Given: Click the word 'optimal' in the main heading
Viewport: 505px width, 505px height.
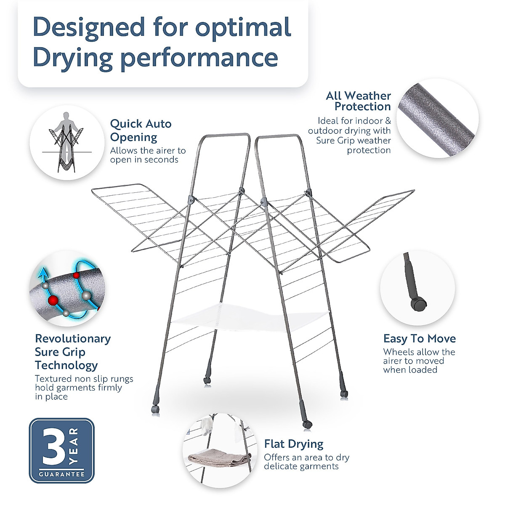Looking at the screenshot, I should (x=243, y=28).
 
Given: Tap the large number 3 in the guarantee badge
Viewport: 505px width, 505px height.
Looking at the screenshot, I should (x=53, y=447).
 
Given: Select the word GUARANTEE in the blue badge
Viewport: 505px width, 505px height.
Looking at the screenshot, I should (x=62, y=474).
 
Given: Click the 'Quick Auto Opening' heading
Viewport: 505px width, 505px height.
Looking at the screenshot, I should (x=141, y=130).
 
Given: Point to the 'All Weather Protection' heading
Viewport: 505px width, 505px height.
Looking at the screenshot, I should (x=358, y=101).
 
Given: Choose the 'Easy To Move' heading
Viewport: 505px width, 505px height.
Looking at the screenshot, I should (x=419, y=339).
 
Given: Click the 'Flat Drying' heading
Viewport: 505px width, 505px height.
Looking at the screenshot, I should (x=293, y=444).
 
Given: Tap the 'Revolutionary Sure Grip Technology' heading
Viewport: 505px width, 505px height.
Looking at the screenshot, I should (x=72, y=352).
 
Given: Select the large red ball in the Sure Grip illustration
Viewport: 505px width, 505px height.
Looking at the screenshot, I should (x=53, y=300).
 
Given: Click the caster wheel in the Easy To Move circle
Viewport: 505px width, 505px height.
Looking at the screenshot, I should (x=419, y=304).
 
